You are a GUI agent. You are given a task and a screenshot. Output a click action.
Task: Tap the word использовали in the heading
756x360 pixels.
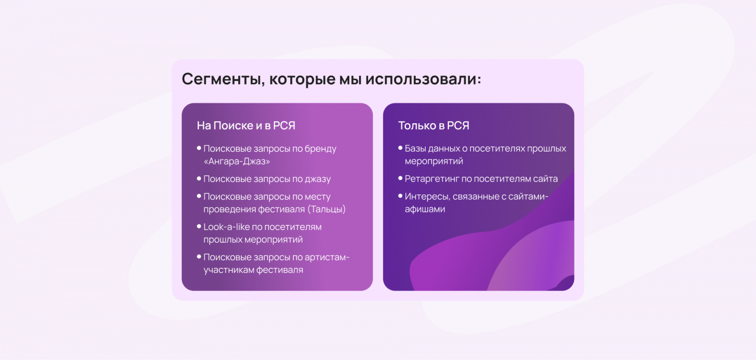(x=423, y=79)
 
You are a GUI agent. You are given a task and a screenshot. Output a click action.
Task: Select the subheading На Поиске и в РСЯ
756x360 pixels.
(x=246, y=126)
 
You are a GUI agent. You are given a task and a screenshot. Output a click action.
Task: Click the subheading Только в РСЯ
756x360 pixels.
(x=434, y=126)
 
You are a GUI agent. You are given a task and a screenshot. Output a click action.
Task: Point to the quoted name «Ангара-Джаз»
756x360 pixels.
(x=237, y=161)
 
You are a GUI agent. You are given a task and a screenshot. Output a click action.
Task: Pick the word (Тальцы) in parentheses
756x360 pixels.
(x=326, y=209)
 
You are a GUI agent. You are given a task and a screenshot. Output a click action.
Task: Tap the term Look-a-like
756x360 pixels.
(x=226, y=227)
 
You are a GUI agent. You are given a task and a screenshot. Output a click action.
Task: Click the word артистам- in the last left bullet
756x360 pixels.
(x=327, y=257)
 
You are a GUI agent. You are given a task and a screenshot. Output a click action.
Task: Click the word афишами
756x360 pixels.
(x=425, y=209)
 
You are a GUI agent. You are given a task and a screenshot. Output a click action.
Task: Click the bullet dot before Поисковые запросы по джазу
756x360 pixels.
(x=199, y=179)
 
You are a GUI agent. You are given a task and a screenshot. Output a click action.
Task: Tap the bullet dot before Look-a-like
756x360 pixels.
(x=199, y=226)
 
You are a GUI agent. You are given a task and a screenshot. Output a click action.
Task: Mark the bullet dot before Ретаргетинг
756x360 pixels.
(x=400, y=178)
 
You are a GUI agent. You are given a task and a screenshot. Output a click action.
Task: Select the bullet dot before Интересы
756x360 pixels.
(x=400, y=196)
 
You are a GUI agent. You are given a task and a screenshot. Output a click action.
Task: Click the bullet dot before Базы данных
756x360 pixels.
(x=400, y=148)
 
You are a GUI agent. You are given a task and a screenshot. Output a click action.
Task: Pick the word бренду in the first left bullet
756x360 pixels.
(x=320, y=149)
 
